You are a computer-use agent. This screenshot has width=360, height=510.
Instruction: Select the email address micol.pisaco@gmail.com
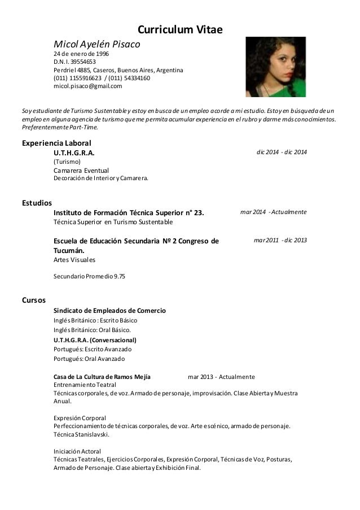(87, 86)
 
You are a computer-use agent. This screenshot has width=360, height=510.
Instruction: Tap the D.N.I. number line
(74, 62)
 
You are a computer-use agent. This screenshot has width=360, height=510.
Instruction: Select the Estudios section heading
(36, 202)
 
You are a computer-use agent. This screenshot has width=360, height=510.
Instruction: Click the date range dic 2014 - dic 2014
(282, 153)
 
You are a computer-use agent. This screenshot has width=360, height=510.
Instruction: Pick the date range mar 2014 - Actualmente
(273, 212)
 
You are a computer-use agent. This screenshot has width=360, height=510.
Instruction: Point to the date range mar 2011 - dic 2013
(280, 240)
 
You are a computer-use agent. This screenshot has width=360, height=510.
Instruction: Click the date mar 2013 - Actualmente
(221, 377)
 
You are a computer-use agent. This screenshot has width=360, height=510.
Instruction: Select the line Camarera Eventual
(81, 171)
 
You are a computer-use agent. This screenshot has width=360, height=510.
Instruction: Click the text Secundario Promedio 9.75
(89, 277)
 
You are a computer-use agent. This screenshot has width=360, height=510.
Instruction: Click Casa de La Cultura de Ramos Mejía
(102, 377)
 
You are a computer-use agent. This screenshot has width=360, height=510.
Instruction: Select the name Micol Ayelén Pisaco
(96, 43)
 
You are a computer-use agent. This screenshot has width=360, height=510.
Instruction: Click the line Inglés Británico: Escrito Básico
(91, 321)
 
